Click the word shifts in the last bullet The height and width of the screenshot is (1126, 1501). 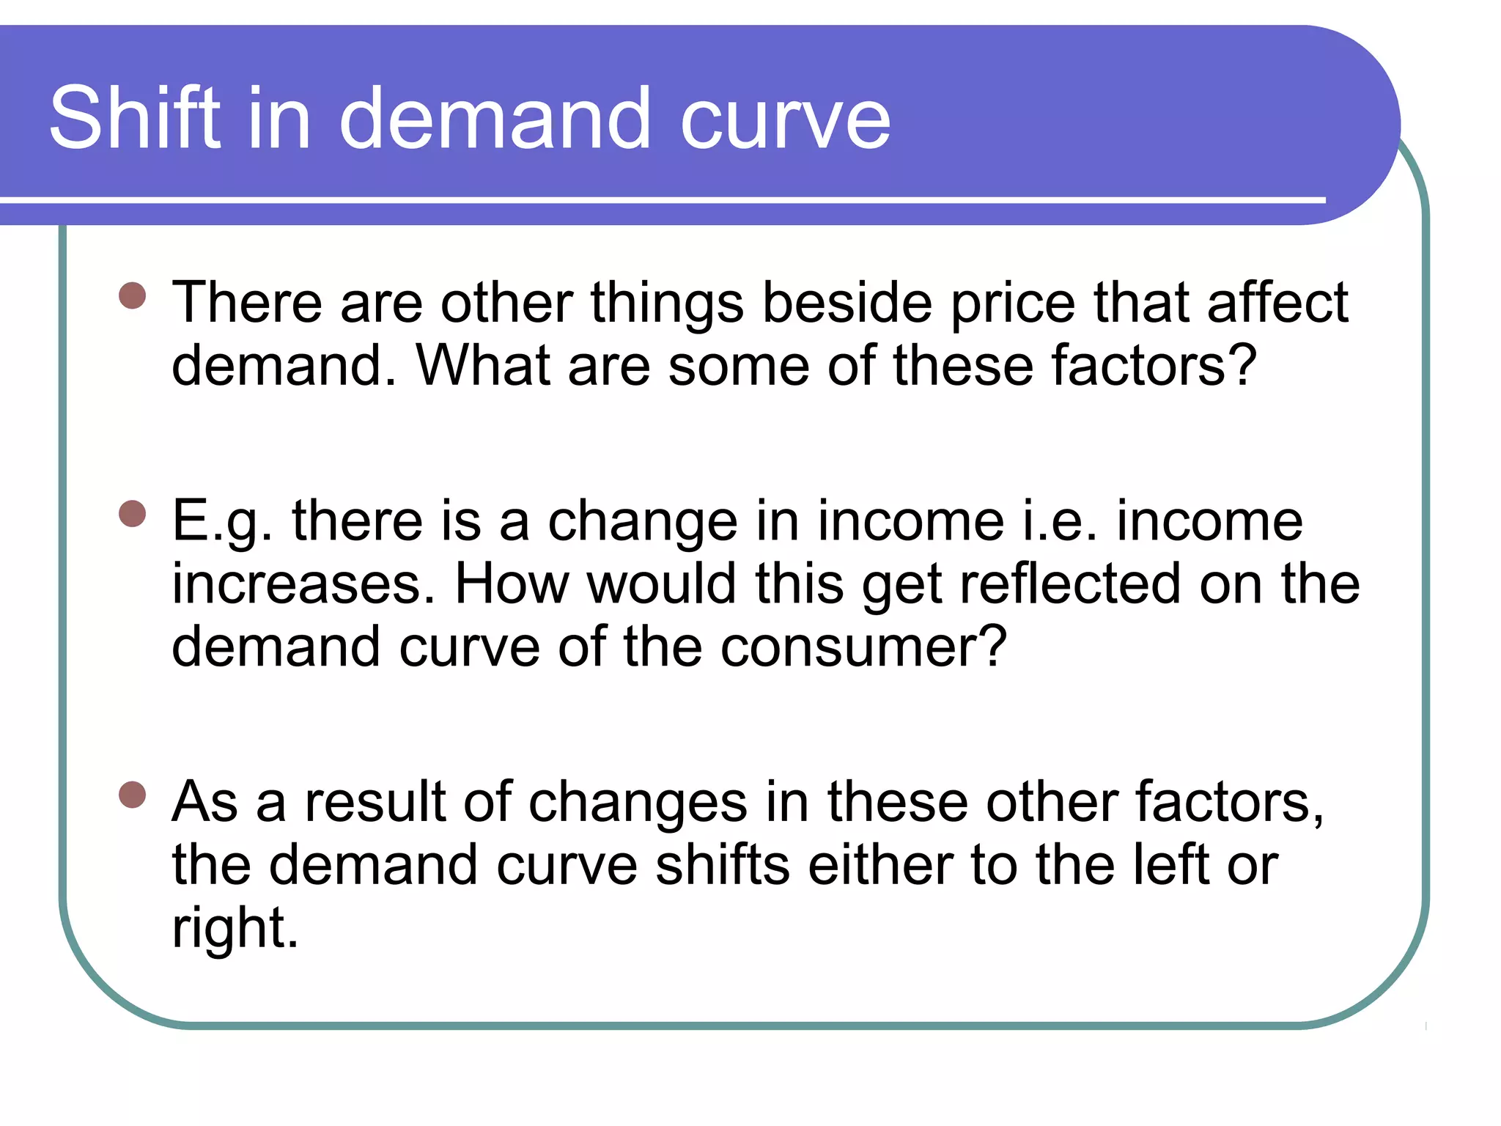(722, 865)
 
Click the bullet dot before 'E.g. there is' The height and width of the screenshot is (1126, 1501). (133, 513)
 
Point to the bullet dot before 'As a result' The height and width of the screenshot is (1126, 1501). (133, 795)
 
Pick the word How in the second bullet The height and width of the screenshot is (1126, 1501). (512, 584)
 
